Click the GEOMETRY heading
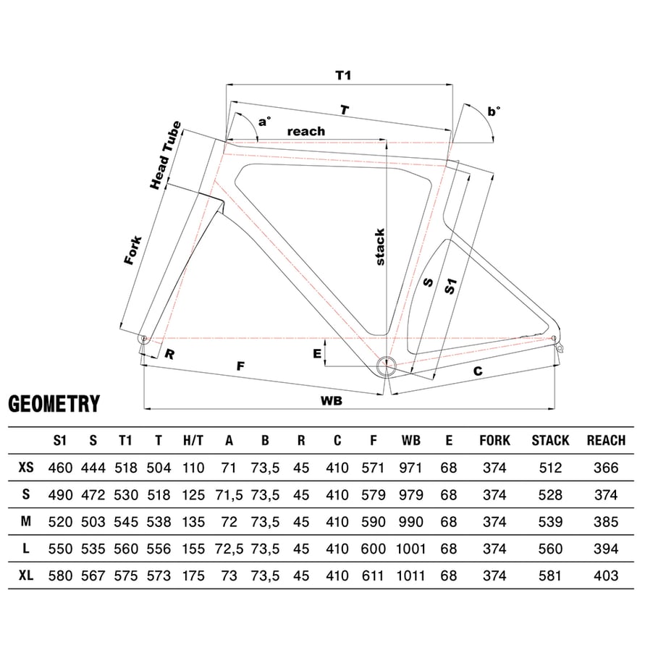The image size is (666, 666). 54,404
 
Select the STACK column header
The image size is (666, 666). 550,440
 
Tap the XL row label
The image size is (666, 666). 26,576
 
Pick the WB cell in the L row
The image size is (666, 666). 410,549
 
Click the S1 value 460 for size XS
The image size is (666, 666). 60,468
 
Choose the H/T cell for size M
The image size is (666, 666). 193,522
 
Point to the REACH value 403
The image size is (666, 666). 606,576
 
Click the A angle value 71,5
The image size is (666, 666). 229,495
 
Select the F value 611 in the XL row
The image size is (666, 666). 373,576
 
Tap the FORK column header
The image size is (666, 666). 495,440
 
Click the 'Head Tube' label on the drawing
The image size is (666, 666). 166,155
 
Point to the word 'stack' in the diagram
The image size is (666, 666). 380,247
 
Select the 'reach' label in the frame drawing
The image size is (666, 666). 306,131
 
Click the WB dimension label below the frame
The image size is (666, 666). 332,400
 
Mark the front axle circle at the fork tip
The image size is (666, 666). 143,339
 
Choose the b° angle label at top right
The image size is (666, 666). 494,111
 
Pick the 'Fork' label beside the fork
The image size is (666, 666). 133,250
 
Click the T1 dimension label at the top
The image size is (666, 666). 343,75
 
